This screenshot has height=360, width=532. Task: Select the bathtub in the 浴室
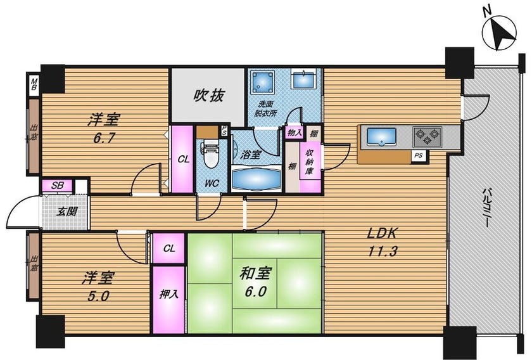[x=256, y=178]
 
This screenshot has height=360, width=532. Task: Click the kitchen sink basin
[x=382, y=136]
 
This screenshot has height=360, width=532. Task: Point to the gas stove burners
[x=427, y=137]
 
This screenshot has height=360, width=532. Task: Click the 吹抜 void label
[x=208, y=96]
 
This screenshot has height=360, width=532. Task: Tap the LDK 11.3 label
[x=383, y=243]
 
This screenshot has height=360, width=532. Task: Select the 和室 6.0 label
[x=255, y=282]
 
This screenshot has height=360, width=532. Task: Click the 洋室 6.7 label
[x=104, y=129]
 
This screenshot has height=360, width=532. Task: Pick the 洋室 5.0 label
[x=98, y=287]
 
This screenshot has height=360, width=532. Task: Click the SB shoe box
[x=57, y=186]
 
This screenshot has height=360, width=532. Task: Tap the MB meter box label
[x=34, y=84]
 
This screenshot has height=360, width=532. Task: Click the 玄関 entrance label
[x=66, y=212]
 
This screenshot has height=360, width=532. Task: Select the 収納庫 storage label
[x=309, y=162]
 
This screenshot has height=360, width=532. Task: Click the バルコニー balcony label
[x=486, y=207]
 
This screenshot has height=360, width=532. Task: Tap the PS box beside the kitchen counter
[x=419, y=156]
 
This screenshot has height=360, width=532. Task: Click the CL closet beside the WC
[x=183, y=159]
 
